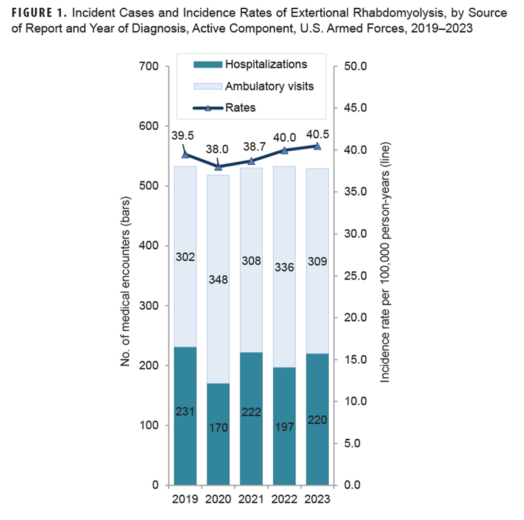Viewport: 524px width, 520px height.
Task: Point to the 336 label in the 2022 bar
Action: point(284,267)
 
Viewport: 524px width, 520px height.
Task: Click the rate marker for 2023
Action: point(317,146)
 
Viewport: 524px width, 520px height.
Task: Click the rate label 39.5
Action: point(183,136)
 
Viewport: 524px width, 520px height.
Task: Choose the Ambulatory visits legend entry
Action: point(269,86)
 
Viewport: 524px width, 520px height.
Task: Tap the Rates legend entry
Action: point(240,107)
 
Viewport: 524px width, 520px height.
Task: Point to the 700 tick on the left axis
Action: point(150,67)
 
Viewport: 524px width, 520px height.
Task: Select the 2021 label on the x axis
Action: point(251,499)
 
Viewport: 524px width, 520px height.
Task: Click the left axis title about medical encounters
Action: point(126,276)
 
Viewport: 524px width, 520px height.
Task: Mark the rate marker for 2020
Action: point(218,166)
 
